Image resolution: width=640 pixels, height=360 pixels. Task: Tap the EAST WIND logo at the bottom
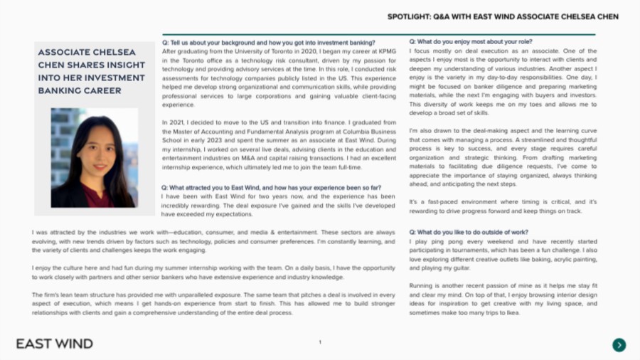55,344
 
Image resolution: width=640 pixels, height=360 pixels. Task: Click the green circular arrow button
619,345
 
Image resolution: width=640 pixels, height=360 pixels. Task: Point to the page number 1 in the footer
320,343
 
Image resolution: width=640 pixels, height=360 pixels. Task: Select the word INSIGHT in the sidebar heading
117,65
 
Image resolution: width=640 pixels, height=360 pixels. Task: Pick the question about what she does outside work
469,233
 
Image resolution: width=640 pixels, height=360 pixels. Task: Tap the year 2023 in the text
214,140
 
